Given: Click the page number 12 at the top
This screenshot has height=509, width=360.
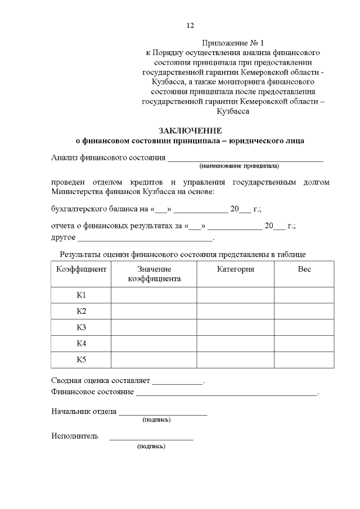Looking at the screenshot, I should point(190,25).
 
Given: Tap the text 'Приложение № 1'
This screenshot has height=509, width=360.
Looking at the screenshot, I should point(232,43).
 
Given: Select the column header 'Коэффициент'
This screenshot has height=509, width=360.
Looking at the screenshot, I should point(82,269).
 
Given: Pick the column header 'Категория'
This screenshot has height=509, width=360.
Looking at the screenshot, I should point(236,269).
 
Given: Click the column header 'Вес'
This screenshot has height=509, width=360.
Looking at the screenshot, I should point(304,269).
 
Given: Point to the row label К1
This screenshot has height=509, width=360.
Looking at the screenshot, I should point(82,295).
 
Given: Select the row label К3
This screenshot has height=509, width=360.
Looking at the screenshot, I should point(82,327).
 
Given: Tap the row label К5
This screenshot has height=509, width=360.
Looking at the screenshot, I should point(82,359).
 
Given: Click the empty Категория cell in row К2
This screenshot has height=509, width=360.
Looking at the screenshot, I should point(236,311).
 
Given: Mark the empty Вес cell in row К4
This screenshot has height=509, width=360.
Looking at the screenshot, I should point(304,343).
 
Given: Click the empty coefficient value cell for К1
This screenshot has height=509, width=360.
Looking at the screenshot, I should point(154,295).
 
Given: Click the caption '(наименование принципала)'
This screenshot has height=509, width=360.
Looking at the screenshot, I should point(239,166).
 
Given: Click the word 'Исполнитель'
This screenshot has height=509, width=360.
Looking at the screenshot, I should point(75,436).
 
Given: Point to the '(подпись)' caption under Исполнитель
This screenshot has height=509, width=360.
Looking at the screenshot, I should point(151,446).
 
